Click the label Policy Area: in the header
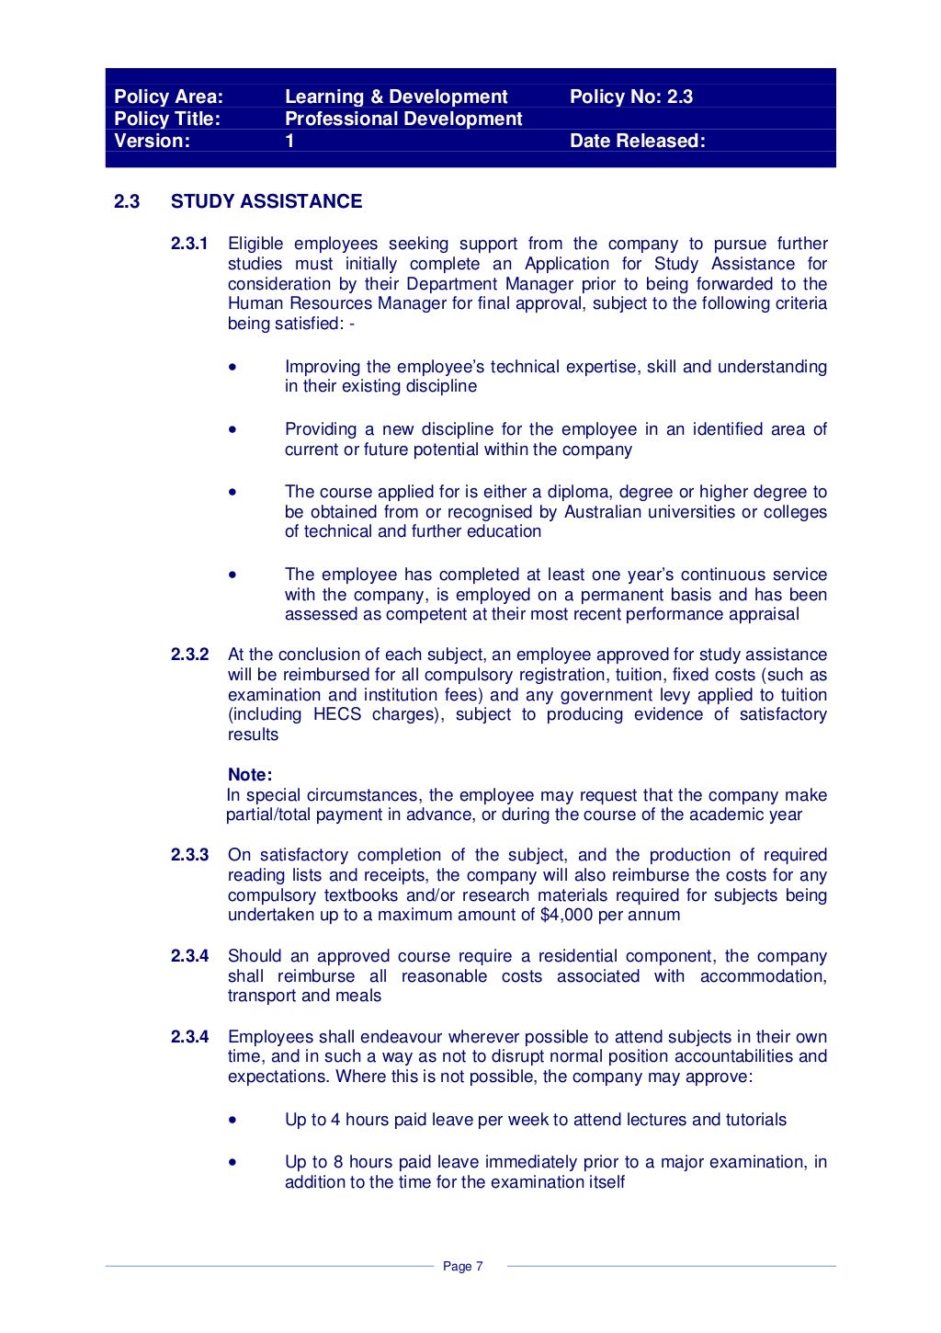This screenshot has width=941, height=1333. coord(168,97)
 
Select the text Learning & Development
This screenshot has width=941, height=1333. coord(395,97)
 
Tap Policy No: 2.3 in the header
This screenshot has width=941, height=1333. coord(630,97)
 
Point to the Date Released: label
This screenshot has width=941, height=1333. coord(637,141)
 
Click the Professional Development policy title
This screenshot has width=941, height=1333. coord(402,119)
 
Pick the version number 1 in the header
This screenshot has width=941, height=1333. coord(289,141)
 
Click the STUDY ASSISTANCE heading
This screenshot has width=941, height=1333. coord(266,201)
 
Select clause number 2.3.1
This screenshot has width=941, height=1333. coord(189,244)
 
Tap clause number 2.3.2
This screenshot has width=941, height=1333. coord(189,655)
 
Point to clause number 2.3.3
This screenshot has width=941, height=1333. coord(189,855)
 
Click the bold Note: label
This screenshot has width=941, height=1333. coord(250,775)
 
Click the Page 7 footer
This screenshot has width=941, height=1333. coord(462,1267)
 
